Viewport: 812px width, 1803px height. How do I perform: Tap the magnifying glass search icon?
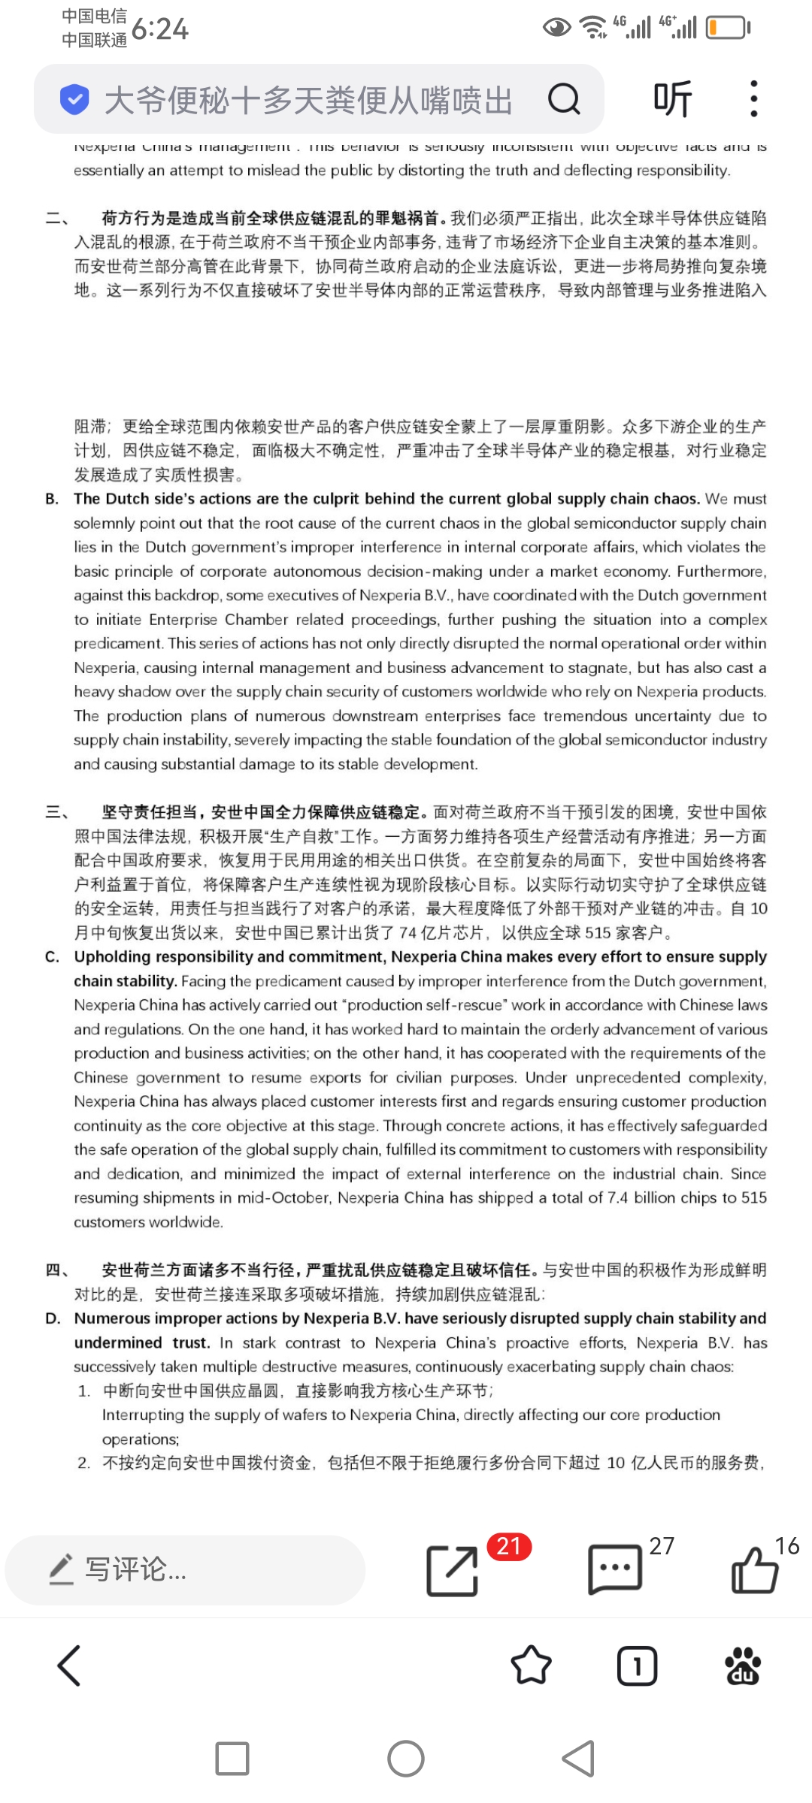coord(564,98)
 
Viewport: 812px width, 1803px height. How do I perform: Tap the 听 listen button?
coord(672,98)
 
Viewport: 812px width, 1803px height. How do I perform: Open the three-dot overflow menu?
coord(753,98)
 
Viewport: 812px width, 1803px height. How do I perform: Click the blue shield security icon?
coord(74,99)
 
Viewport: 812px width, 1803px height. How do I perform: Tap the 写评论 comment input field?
coord(184,1569)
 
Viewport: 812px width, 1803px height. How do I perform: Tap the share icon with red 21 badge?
coord(453,1570)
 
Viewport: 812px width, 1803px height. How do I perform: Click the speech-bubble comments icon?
coord(614,1569)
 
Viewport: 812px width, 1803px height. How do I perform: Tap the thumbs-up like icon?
coord(754,1569)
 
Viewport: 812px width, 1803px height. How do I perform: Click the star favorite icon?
coord(531,1666)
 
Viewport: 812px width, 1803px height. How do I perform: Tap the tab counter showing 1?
coord(637,1666)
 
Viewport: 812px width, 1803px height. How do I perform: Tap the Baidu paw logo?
coord(743,1666)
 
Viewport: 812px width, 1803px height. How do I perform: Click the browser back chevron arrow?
coord(69,1666)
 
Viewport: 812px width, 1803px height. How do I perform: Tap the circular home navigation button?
coord(406,1759)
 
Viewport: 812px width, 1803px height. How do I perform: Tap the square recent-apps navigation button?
coord(232,1759)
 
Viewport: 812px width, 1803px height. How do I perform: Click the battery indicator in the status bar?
coord(727,28)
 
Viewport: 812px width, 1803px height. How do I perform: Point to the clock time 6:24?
coord(159,29)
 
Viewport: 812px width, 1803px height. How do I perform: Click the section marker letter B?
coord(52,499)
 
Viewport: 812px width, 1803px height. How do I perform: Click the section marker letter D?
coord(53,1318)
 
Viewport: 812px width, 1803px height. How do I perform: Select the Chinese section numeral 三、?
coord(57,812)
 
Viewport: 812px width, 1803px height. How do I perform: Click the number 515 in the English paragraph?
coord(754,1197)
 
